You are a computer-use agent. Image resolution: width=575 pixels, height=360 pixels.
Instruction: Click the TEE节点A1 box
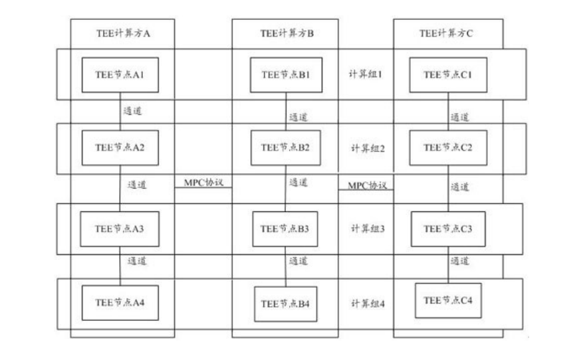pos(120,75)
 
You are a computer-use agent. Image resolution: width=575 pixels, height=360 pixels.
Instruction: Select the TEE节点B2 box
pos(285,147)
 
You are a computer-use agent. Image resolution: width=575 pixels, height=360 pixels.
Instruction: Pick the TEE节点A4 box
pos(120,302)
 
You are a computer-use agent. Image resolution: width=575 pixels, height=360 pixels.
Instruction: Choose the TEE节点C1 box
pos(447,74)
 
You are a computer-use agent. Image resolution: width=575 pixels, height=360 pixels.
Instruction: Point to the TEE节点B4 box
pos(285,304)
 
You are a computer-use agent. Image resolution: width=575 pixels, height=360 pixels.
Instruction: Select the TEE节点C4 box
pos(447,300)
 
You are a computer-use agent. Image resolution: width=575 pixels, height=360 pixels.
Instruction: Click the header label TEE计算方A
pos(122,33)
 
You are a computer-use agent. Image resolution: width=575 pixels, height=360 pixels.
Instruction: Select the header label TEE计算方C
pos(446,33)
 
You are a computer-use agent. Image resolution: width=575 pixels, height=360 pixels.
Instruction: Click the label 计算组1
pos(366,74)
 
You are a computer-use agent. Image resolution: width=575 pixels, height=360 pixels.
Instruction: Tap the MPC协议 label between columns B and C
pos(366,184)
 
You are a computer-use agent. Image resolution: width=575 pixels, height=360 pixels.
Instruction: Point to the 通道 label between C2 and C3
pos(460,187)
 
